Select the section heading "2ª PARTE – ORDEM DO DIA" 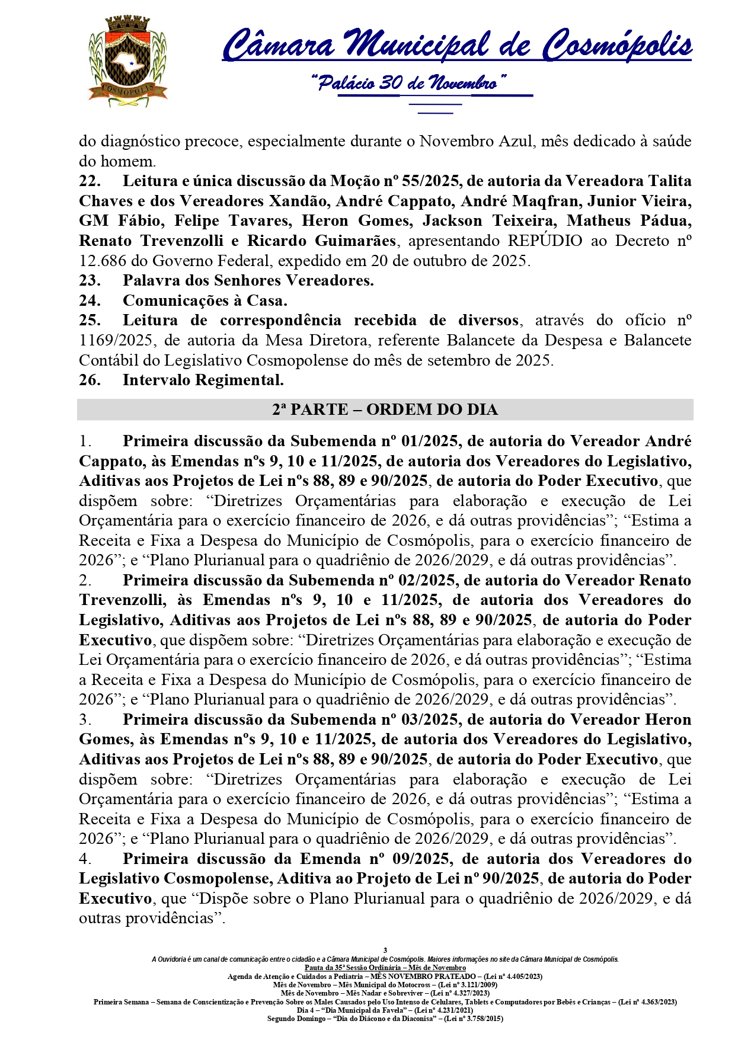coord(385,409)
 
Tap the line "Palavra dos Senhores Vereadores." coord(248,280)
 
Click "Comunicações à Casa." coord(204,300)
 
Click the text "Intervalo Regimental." coord(203,380)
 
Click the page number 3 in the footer coord(385,951)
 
